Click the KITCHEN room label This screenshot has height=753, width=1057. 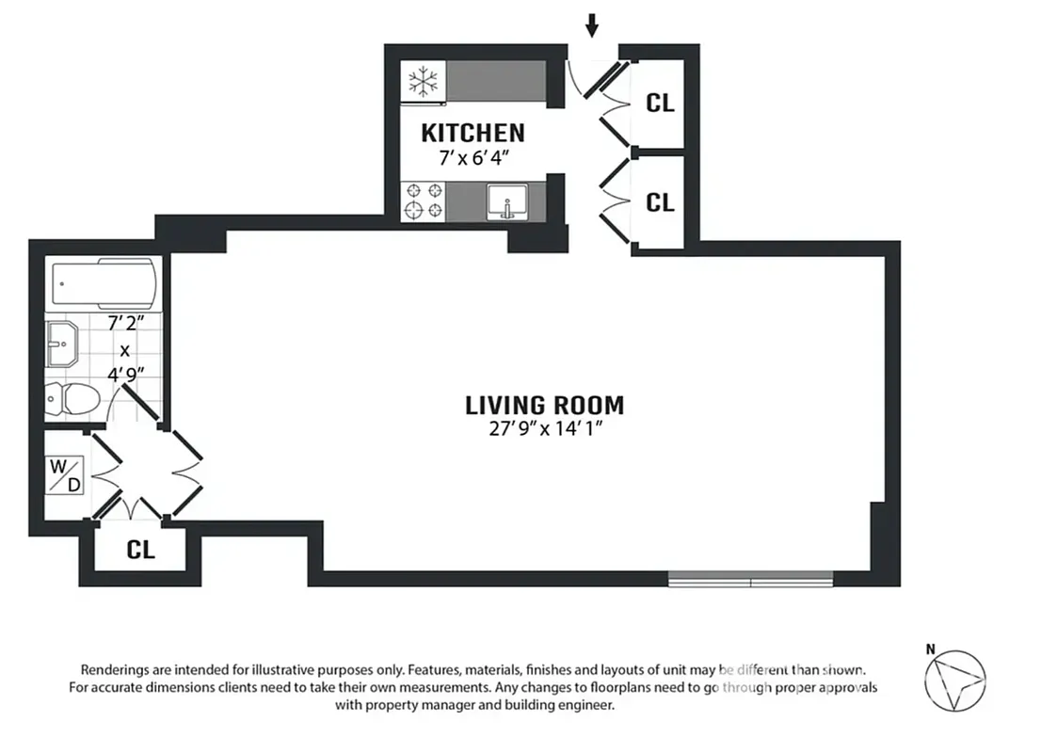click(x=472, y=132)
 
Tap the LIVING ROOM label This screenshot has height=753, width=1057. click(x=544, y=406)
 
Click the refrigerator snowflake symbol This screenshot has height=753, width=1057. click(x=423, y=81)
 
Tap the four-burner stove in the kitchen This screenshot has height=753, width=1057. click(x=423, y=200)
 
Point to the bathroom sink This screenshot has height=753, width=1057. click(x=63, y=345)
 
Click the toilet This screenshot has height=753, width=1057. click(x=73, y=399)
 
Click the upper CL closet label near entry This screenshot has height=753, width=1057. click(x=660, y=103)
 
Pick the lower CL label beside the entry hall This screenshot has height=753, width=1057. click(x=660, y=201)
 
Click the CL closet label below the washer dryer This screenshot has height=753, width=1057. click(x=140, y=551)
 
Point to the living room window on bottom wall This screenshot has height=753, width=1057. click(x=750, y=579)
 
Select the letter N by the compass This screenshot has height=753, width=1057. click(x=930, y=649)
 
